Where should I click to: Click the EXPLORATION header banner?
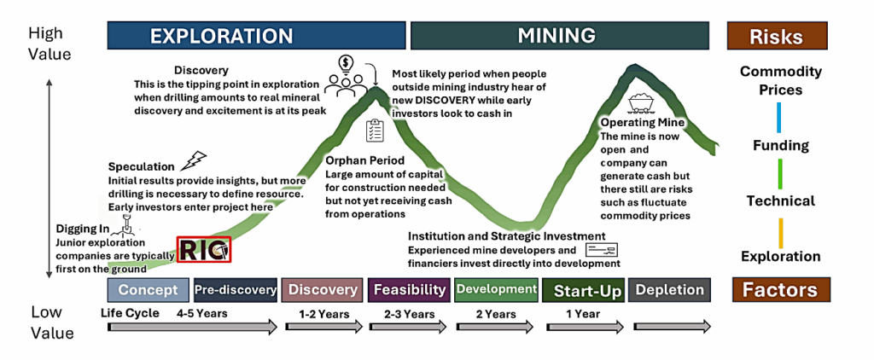(x=256, y=36)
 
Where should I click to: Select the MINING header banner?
(x=560, y=36)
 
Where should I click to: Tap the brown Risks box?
(x=777, y=37)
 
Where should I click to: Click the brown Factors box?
(x=779, y=290)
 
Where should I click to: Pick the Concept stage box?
(x=149, y=290)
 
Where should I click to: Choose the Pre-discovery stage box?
(x=236, y=290)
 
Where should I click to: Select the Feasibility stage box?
(x=410, y=290)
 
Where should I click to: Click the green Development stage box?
(x=496, y=290)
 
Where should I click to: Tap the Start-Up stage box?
(x=583, y=290)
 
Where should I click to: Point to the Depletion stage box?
(x=669, y=290)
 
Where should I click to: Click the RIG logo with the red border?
(x=204, y=249)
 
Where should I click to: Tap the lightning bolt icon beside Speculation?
(x=194, y=160)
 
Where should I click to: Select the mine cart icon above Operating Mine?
(x=641, y=104)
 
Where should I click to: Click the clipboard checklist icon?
(x=373, y=131)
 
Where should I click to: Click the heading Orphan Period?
(x=365, y=161)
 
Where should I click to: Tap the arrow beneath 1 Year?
(x=586, y=327)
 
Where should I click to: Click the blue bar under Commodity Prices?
(x=779, y=117)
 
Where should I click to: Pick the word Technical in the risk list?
(x=780, y=200)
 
